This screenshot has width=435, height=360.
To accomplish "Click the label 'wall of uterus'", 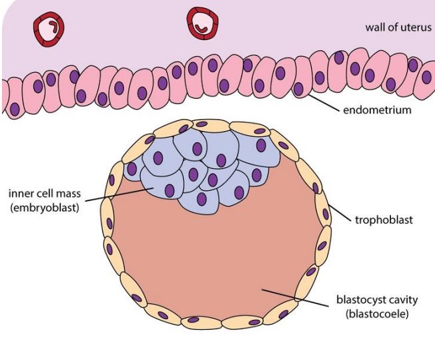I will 398,27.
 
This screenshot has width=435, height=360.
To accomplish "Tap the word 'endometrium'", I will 377,110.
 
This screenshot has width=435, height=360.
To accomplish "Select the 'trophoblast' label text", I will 384,219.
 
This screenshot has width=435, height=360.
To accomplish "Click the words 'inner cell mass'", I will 45,194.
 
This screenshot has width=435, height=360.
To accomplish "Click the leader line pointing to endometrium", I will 322,101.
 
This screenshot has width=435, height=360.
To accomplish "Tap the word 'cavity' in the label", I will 393,301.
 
